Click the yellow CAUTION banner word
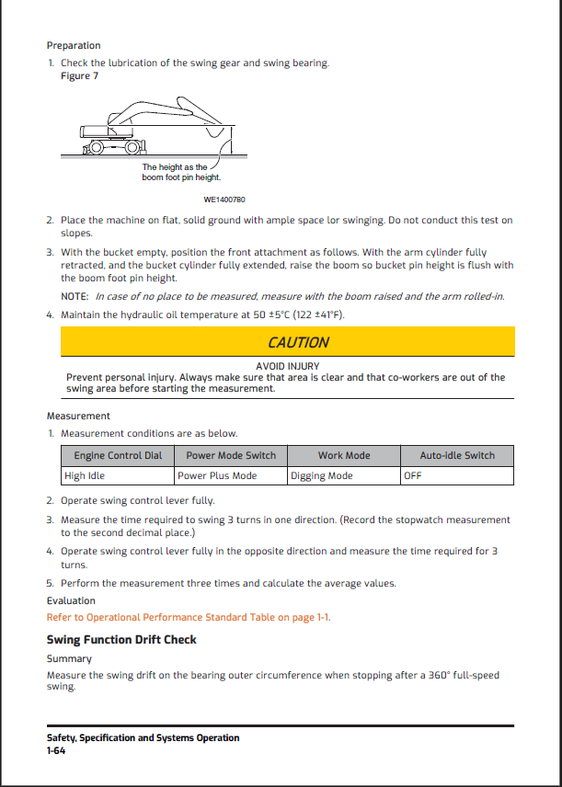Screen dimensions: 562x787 coord(298,342)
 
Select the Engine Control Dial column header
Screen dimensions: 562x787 coord(118,456)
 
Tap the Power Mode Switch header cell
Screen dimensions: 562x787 coord(231,456)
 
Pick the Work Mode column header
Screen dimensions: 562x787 coord(344,456)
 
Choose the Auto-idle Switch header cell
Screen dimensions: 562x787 coord(457,456)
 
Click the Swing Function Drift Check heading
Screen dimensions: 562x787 coord(121,640)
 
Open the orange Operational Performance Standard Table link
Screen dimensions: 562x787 coord(189,617)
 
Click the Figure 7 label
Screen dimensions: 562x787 coord(79,76)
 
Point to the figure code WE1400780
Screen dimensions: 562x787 coord(224,200)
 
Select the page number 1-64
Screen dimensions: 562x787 coord(56,751)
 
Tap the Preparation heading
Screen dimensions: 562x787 coord(74,46)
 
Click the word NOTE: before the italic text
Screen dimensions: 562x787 coord(75,297)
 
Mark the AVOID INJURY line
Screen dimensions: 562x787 coord(288,367)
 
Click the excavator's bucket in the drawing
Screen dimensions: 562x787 coord(215,132)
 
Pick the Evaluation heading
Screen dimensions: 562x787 coord(71,600)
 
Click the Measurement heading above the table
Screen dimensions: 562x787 coord(78,416)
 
